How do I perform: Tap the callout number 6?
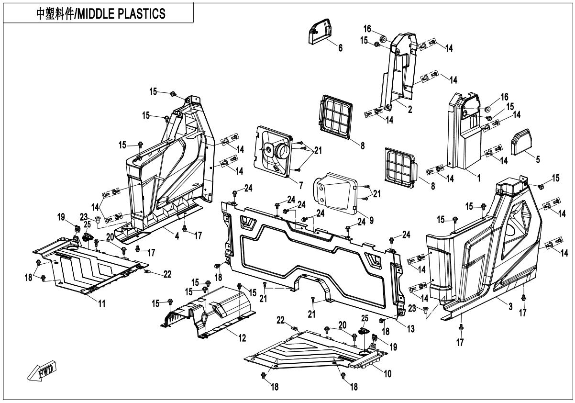[x=340, y=48]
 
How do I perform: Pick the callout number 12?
[x=243, y=338]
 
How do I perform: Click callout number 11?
[x=102, y=303]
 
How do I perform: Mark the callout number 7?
[x=300, y=184]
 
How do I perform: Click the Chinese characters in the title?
[x=53, y=14]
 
